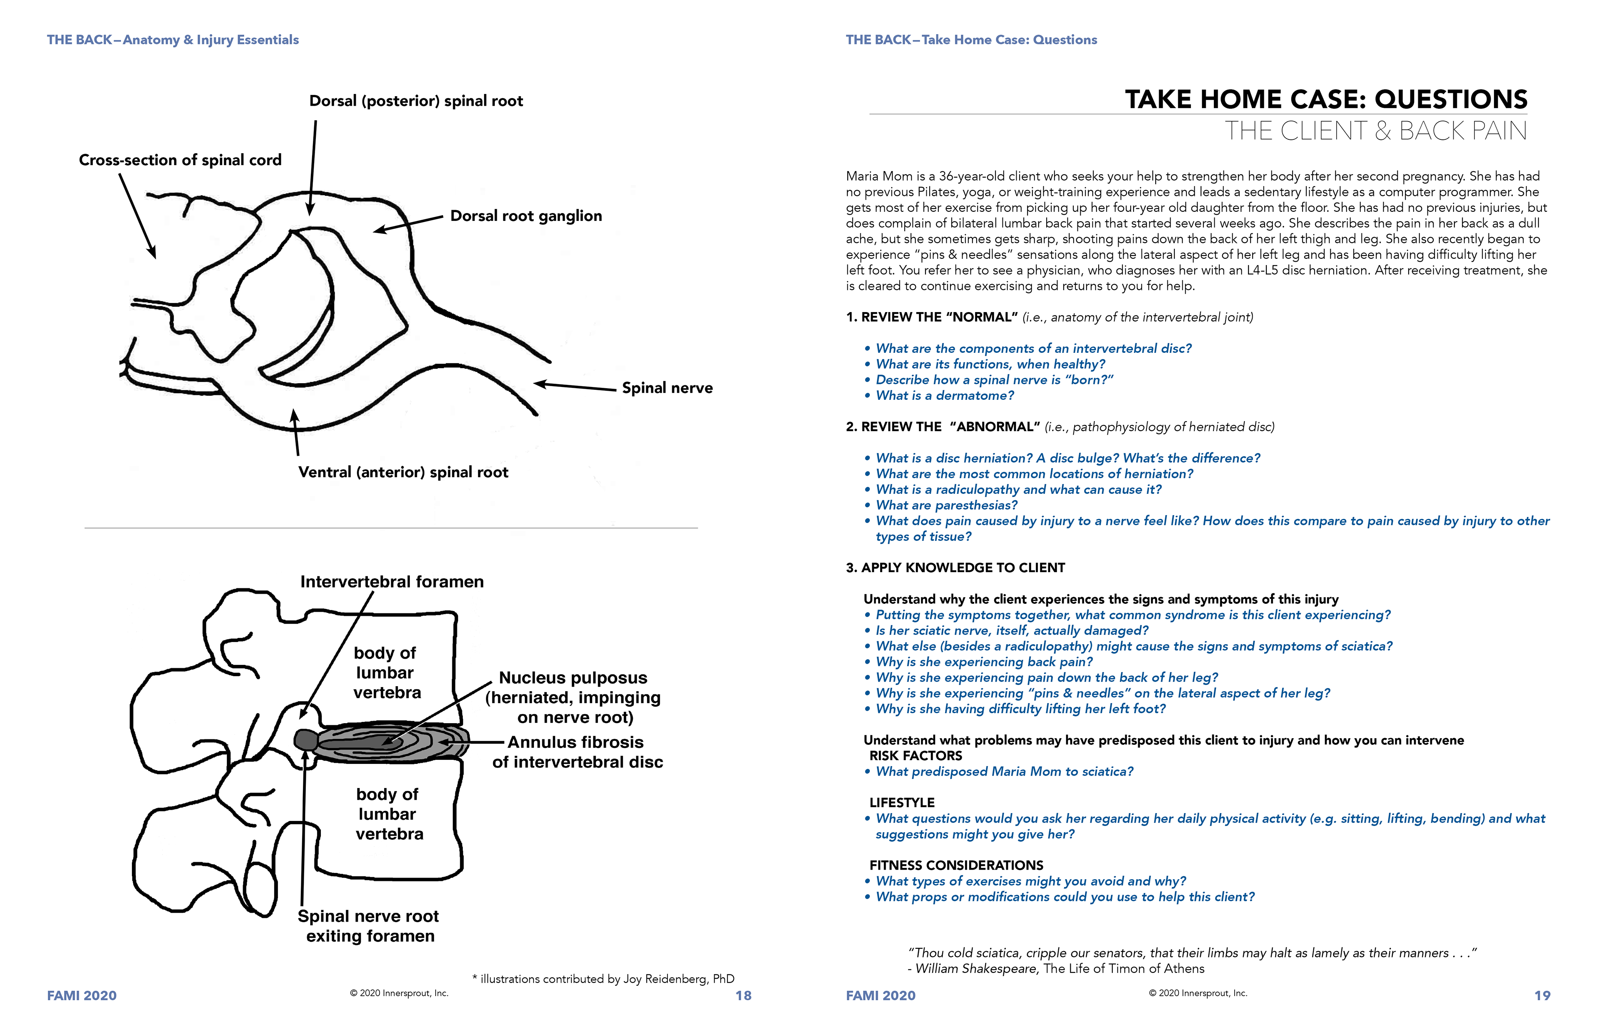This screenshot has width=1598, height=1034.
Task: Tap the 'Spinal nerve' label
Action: pos(667,388)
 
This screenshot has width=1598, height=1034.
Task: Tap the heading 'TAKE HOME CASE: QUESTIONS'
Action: pos(1326,99)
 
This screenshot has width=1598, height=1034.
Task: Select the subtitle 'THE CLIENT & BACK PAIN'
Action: pos(1376,131)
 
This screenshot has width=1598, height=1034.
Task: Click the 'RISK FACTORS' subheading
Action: pos(916,756)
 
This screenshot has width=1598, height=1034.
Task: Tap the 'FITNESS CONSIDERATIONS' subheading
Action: pos(956,865)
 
